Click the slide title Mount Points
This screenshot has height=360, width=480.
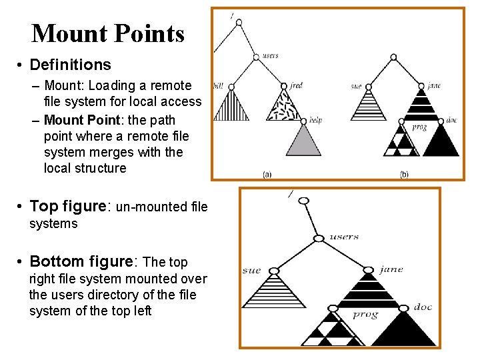[x=107, y=33]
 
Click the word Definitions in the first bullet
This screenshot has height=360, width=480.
[x=70, y=65]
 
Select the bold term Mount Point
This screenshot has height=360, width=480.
[x=109, y=120]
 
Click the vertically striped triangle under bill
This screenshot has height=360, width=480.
[x=230, y=107]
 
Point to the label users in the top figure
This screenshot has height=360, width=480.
[x=270, y=55]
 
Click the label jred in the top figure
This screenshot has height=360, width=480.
[x=297, y=85]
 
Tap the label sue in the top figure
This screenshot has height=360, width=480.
[x=355, y=86]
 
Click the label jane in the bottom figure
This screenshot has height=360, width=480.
[x=391, y=269]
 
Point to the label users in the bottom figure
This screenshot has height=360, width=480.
[x=344, y=236]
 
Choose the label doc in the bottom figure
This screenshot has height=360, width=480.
[x=423, y=307]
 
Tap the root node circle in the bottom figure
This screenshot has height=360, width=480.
[x=303, y=201]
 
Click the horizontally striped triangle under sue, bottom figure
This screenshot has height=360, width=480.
[x=274, y=294]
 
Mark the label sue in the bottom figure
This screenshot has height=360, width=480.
[x=251, y=271]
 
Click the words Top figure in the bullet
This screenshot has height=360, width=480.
[x=68, y=206]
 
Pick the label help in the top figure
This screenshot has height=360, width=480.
[x=315, y=121]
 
